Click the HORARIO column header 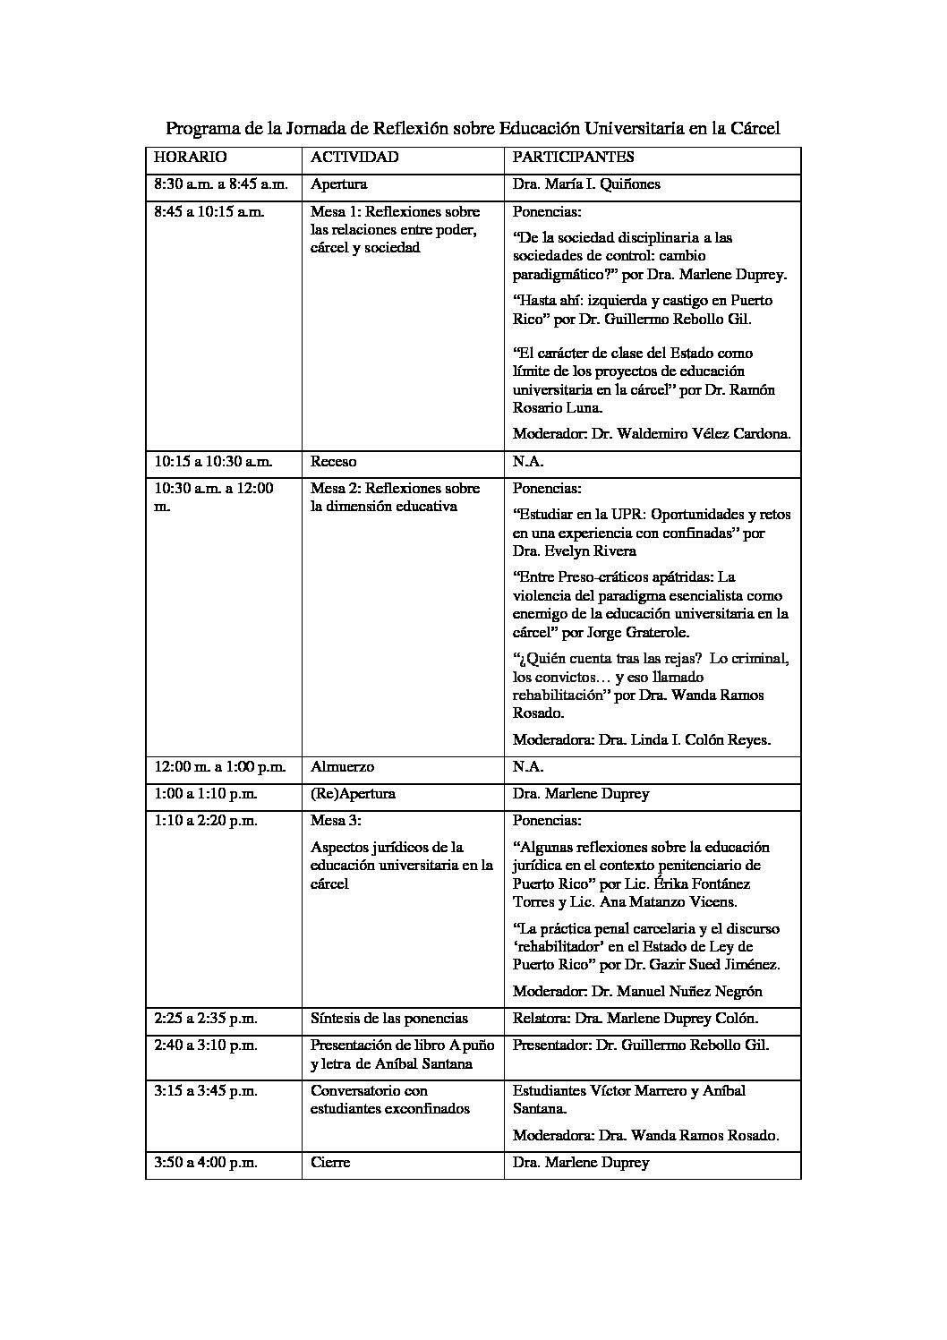click(191, 157)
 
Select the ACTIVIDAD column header click(354, 157)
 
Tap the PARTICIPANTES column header click(573, 157)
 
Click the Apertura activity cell click(339, 184)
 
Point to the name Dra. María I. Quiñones click(586, 184)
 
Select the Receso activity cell click(333, 462)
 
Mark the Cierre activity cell click(330, 1163)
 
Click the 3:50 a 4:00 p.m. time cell click(206, 1163)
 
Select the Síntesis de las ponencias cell click(389, 1019)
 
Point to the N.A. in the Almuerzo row click(528, 767)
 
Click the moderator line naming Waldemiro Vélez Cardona click(652, 434)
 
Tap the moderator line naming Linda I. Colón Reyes click(642, 740)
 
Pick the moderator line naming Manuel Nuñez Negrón click(637, 992)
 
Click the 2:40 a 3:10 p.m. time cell click(206, 1046)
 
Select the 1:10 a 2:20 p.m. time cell click(206, 821)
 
